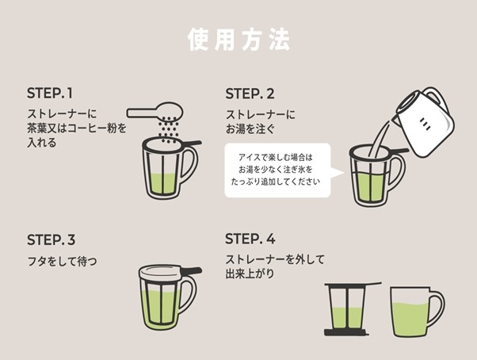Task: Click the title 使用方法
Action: click(x=238, y=40)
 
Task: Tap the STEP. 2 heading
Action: click(x=250, y=93)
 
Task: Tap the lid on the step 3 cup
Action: click(x=162, y=270)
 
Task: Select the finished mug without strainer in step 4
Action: click(x=412, y=312)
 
